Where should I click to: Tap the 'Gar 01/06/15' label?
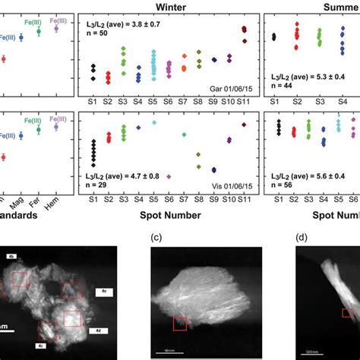point(229,90)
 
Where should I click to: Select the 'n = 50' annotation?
point(93,35)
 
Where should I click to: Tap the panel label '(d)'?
point(302,237)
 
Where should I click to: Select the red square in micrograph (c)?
point(179,324)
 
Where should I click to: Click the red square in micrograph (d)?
point(346,313)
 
